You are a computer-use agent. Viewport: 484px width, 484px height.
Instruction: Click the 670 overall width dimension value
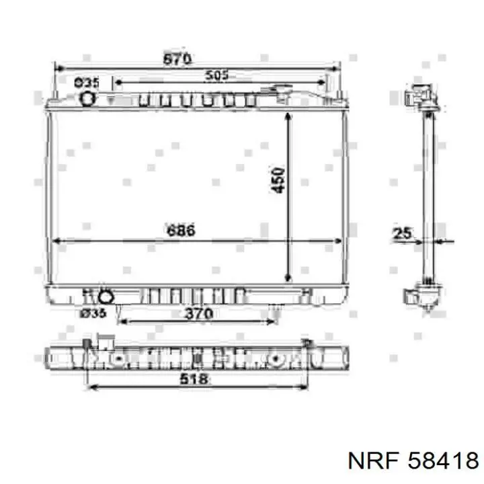click(177, 59)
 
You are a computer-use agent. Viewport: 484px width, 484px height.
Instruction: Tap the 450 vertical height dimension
click(279, 181)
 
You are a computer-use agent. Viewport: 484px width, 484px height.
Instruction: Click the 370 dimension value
click(198, 313)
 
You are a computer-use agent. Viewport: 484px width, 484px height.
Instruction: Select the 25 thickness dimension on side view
click(402, 233)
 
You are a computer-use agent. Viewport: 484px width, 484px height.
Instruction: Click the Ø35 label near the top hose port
click(87, 83)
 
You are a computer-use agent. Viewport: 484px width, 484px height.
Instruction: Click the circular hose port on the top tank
click(87, 99)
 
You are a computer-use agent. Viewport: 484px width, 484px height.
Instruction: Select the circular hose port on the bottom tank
click(105, 297)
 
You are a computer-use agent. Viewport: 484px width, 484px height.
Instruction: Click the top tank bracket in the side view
click(424, 97)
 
